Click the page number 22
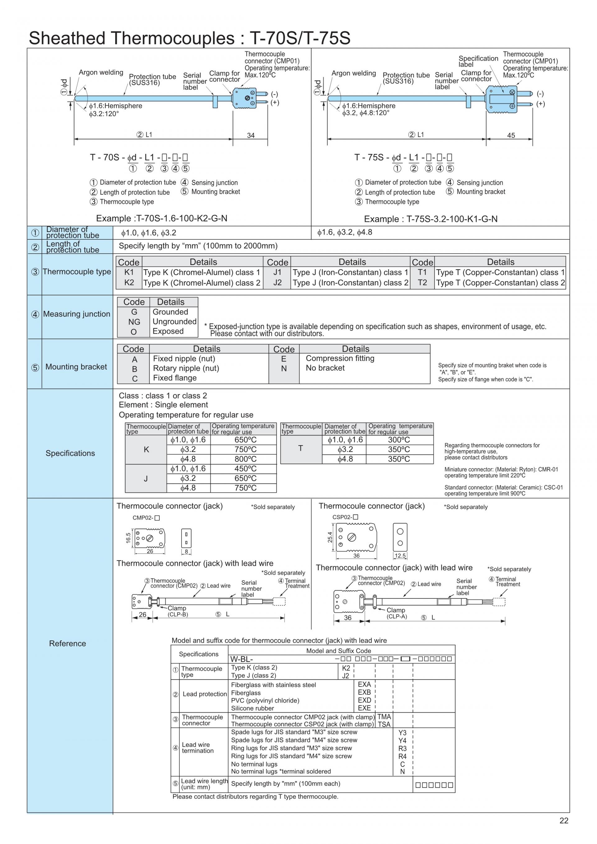tap(563, 820)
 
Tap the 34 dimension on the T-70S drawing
tap(251, 135)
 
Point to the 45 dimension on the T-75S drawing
tap(511, 135)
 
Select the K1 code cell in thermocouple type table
tap(129, 272)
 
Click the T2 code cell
tap(422, 283)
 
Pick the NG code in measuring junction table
tap(134, 322)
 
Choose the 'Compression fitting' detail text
tap(340, 358)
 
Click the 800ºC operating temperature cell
tap(245, 459)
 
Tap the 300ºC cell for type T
tap(399, 440)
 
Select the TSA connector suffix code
tap(384, 724)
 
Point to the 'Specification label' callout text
tap(478, 61)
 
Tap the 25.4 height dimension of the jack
tap(330, 537)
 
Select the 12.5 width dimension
tap(400, 556)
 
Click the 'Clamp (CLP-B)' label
tap(178, 611)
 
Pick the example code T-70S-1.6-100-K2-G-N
tap(162, 218)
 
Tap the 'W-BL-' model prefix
tap(242, 659)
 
